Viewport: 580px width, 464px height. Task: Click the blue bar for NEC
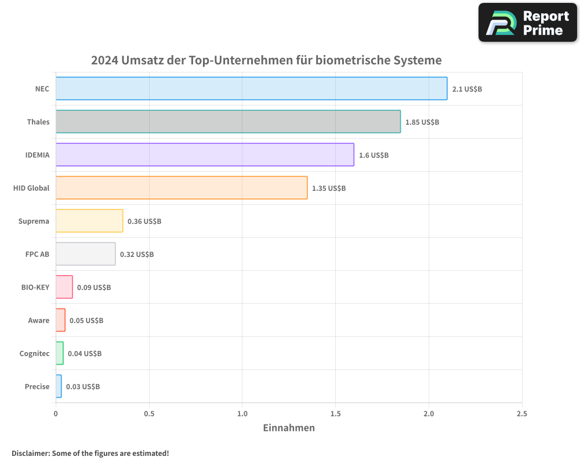[x=251, y=89]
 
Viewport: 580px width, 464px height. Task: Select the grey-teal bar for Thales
[x=228, y=122]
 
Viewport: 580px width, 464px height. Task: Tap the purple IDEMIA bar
[x=205, y=155]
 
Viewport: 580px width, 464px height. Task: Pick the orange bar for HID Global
[x=182, y=188]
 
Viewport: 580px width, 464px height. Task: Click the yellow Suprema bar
[x=89, y=221]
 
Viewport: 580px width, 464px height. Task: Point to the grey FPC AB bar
[x=85, y=254]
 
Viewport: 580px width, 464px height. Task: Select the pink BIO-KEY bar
[x=64, y=287]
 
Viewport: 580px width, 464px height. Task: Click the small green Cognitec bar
[x=59, y=353]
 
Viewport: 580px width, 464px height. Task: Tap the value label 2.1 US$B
[x=467, y=89]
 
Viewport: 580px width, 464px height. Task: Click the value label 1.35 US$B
[x=328, y=188]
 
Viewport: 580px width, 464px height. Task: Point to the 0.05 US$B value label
[x=86, y=320]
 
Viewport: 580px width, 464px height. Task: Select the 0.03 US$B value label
[x=82, y=386]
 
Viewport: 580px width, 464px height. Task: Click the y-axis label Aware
[x=39, y=320]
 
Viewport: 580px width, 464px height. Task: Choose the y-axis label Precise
[x=37, y=386]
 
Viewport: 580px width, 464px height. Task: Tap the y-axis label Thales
[x=38, y=122]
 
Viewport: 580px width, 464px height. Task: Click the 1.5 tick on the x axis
[x=335, y=414]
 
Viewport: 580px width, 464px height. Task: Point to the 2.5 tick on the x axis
[x=521, y=414]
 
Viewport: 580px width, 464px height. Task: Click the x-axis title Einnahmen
[x=289, y=428]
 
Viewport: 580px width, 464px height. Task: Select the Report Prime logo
[x=527, y=23]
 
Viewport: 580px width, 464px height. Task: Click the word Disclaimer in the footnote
[x=30, y=453]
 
